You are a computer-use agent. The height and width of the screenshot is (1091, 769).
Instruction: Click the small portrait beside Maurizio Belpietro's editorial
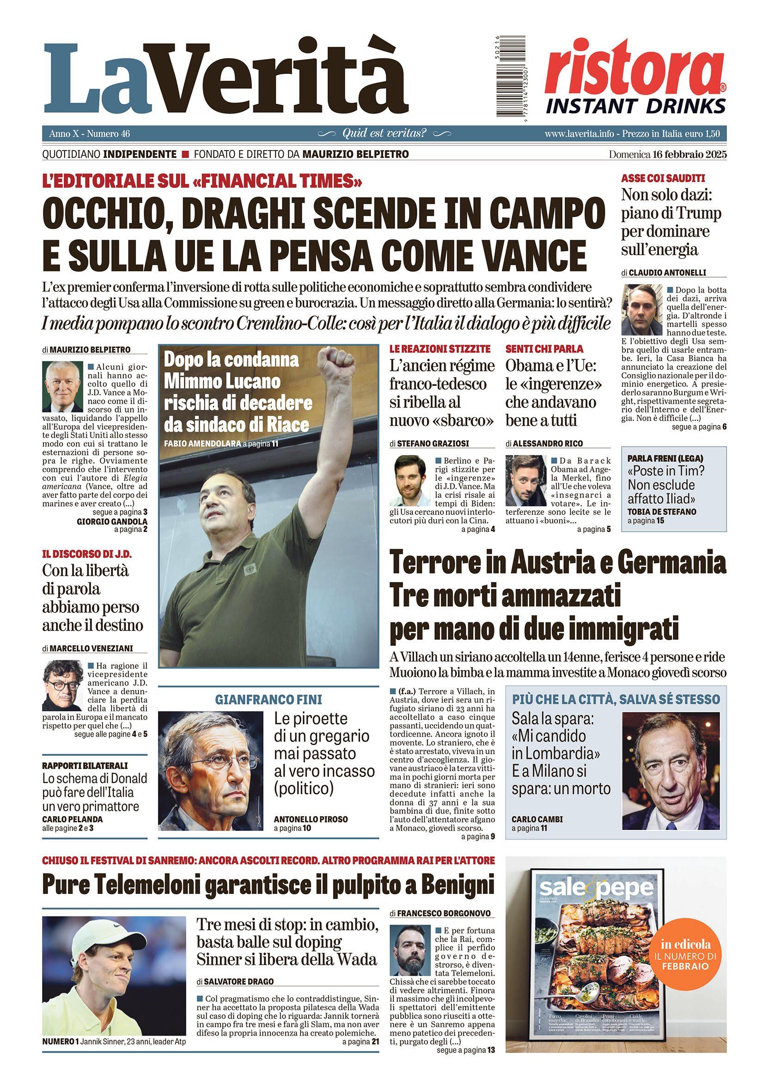click(x=62, y=386)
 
